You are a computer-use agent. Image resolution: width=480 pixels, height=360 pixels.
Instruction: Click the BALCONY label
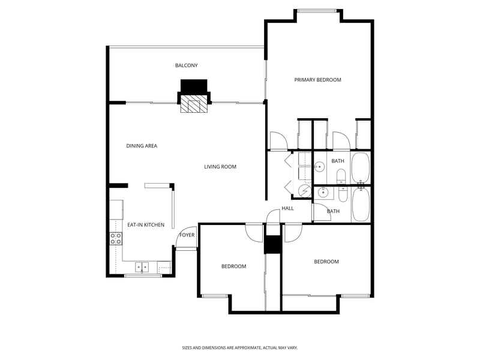(186, 65)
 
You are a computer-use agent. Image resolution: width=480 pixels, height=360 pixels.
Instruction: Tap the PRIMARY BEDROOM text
(317, 80)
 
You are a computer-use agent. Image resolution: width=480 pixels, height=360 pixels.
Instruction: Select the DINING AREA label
(142, 146)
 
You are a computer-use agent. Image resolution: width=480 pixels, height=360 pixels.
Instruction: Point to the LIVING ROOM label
(220, 167)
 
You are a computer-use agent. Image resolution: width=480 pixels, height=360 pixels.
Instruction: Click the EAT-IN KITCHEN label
(146, 224)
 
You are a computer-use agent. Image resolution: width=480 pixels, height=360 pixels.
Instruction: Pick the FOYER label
(187, 235)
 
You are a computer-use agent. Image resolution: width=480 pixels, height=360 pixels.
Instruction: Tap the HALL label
(287, 208)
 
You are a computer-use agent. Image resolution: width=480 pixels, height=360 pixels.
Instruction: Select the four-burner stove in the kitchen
(116, 238)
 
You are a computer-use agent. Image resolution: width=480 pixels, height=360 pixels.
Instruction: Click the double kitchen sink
(142, 267)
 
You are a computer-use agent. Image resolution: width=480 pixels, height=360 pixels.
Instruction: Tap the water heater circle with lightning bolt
(305, 191)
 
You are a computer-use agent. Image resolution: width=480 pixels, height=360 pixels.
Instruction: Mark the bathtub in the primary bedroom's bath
(361, 167)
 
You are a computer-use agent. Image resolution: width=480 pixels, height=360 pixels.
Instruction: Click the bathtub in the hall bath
(361, 205)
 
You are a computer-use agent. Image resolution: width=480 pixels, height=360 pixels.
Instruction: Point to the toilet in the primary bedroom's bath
(341, 176)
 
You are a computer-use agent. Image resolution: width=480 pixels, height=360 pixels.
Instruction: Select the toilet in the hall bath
(343, 194)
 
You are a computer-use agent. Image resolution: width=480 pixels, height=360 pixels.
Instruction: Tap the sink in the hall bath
(323, 193)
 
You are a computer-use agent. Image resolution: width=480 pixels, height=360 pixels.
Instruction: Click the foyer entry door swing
(185, 237)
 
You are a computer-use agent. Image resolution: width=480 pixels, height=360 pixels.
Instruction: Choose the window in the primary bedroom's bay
(317, 11)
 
